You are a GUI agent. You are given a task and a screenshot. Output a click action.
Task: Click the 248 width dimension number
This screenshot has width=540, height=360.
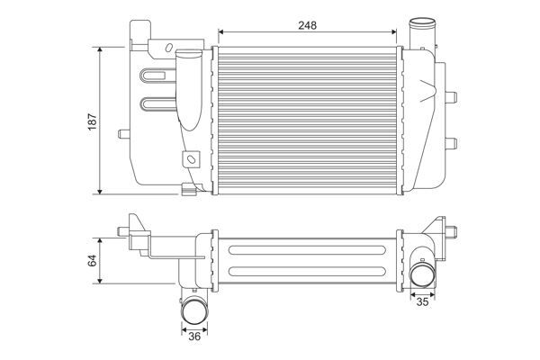pyautogui.click(x=308, y=25)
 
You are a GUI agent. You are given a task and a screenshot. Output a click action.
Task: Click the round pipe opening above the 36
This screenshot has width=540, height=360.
pyautogui.click(x=196, y=311)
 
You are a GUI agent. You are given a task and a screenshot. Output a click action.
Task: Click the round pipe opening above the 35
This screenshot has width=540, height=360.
pyautogui.click(x=421, y=274)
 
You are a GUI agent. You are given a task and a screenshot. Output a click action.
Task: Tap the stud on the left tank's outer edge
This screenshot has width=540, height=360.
pyautogui.click(x=122, y=135)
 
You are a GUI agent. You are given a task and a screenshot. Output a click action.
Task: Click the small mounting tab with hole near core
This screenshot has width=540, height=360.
pyautogui.click(x=190, y=161)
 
